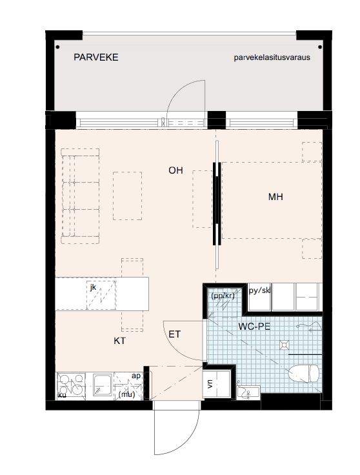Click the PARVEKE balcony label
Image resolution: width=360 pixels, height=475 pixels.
pyautogui.click(x=95, y=57)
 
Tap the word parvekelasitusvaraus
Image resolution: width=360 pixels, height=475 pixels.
pyautogui.click(x=272, y=57)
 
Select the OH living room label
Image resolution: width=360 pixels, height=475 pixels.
pyautogui.click(x=175, y=170)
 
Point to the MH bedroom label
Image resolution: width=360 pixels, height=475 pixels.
pyautogui.click(x=275, y=197)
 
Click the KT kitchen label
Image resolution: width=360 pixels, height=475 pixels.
pyautogui.click(x=119, y=341)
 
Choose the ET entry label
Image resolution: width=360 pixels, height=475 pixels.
pyautogui.click(x=174, y=334)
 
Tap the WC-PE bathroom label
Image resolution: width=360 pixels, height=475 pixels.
pyautogui.click(x=254, y=327)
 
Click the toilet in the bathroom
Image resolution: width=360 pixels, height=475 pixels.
pyautogui.click(x=303, y=373)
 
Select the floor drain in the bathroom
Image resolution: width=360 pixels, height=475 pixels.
pyautogui.click(x=285, y=345)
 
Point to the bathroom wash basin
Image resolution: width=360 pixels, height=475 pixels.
pyautogui.click(x=248, y=393)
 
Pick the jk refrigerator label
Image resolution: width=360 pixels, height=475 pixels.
pyautogui.click(x=93, y=287)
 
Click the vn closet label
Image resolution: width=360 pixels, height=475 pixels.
pyautogui.click(x=210, y=384)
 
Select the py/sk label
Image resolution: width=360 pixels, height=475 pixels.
pyautogui.click(x=259, y=290)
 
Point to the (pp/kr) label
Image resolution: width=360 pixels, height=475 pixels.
pyautogui.click(x=223, y=296)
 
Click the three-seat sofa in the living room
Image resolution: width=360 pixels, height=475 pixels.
pyautogui.click(x=80, y=196)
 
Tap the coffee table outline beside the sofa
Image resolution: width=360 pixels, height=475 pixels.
pyautogui.click(x=128, y=196)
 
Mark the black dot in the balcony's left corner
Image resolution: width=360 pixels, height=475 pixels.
pyautogui.click(x=57, y=47)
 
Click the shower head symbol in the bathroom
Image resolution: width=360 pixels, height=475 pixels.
pyautogui.click(x=309, y=327)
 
